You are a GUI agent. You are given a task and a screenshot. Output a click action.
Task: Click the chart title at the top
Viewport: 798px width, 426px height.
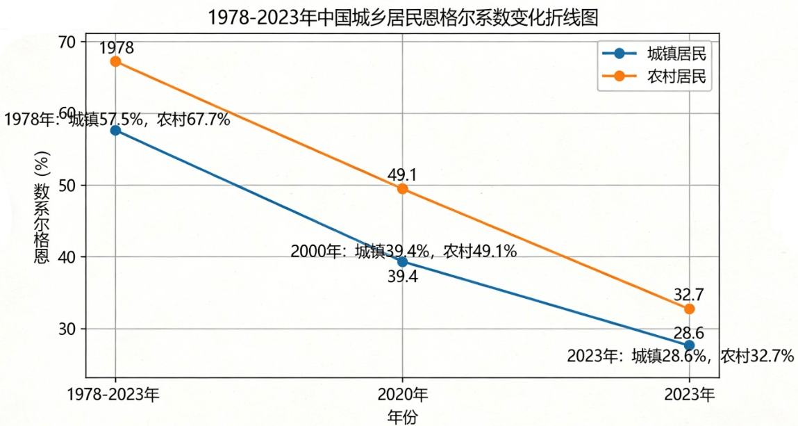point(404,17)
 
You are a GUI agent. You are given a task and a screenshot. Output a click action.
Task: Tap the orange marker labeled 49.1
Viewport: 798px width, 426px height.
point(402,189)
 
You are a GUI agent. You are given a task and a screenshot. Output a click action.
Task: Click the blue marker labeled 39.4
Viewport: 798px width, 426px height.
point(402,261)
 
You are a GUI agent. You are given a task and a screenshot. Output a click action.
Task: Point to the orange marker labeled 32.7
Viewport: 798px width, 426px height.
point(689,309)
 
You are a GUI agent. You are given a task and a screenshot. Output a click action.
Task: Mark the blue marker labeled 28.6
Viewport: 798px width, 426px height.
point(689,345)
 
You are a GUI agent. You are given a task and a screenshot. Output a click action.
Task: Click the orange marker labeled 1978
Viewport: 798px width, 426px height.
point(116,61)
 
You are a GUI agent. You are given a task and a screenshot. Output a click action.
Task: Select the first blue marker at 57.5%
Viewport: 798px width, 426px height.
point(116,130)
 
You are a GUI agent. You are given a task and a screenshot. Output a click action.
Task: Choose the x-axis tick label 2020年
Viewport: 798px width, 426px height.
point(403,395)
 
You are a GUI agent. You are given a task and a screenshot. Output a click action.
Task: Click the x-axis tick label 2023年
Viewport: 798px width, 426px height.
point(689,395)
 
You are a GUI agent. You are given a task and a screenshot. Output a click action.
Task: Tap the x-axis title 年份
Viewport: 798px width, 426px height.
point(403,416)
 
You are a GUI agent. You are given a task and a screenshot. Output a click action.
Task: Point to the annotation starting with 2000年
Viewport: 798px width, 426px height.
point(404,251)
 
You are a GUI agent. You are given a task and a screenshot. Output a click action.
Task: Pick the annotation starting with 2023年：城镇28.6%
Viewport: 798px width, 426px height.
point(680,357)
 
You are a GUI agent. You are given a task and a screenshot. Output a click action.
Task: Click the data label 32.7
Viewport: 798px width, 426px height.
point(689,293)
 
